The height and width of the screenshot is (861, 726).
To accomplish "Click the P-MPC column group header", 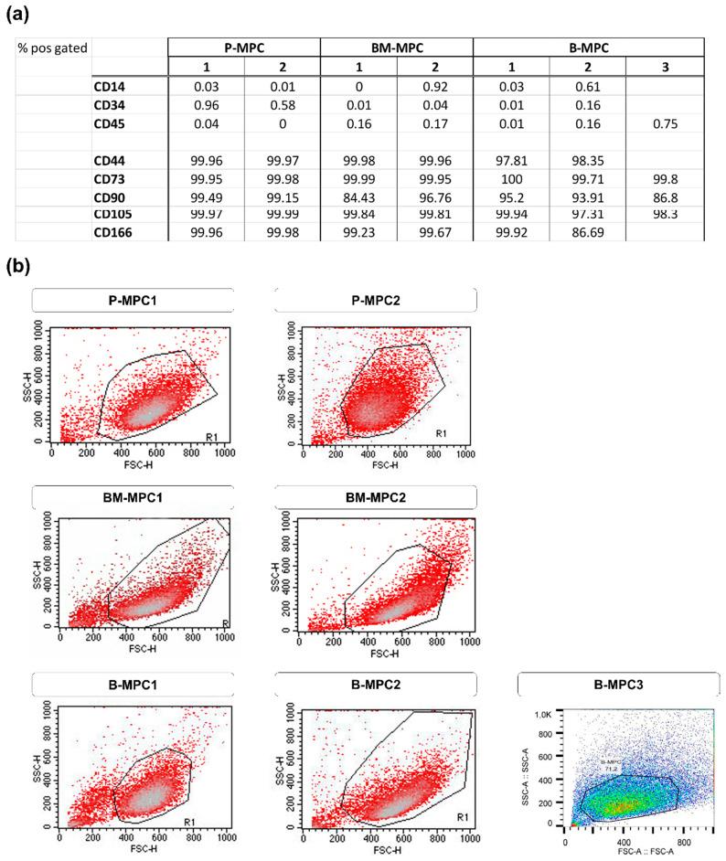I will [244, 48].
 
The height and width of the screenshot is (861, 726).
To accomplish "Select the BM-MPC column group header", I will [397, 48].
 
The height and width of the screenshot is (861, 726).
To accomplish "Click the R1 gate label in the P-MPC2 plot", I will [441, 432].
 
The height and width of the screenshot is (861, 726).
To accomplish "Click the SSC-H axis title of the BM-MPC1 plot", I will [37, 571].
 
